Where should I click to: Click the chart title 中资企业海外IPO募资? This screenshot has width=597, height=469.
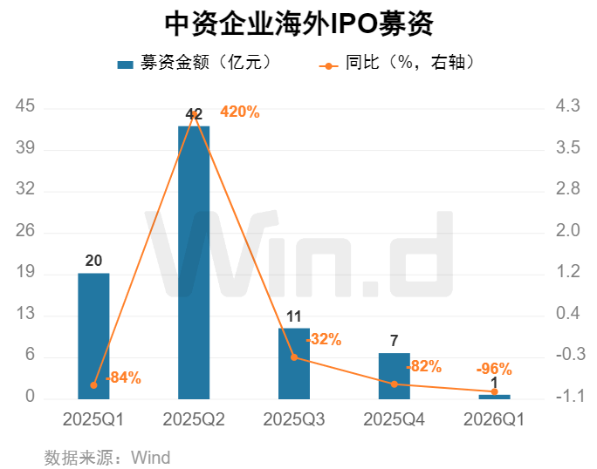pos(298,24)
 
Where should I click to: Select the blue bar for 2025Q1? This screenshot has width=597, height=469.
pos(93,336)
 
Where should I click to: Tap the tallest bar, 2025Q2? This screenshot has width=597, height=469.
pos(194,262)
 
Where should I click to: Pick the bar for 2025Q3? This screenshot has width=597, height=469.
pos(294,364)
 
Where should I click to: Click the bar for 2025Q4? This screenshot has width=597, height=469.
pos(394,376)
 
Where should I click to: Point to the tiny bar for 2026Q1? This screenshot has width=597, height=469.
pos(494,396)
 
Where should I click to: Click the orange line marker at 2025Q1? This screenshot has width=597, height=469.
pos(93,384)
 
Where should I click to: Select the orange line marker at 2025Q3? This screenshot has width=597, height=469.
pos(294,357)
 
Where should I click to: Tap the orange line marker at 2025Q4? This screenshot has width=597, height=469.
pos(394,384)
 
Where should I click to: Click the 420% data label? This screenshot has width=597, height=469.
pos(239,112)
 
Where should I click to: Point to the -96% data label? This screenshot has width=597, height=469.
pos(493,369)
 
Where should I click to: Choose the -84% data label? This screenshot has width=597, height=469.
pos(123,378)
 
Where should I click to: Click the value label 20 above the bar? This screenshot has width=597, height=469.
pos(93,261)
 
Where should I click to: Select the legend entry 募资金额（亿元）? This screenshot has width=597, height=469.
pos(196,63)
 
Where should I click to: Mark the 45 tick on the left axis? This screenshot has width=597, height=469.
pos(25,106)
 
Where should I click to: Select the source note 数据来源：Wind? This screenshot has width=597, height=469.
pos(107,457)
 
